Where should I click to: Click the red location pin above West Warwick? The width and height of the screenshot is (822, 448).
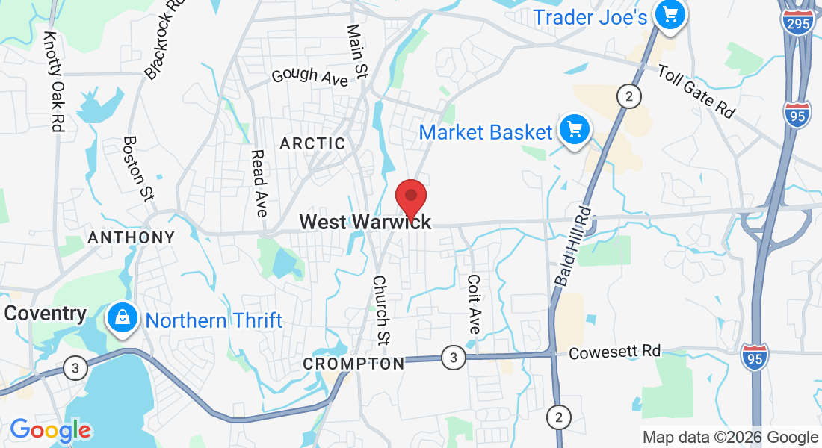(x=410, y=198)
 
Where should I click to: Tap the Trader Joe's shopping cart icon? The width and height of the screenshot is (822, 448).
(x=670, y=16)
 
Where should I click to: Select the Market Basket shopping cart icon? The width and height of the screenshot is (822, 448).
(x=575, y=132)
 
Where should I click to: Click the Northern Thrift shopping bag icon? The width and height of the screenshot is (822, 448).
(x=122, y=319)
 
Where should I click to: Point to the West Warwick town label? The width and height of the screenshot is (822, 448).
(x=365, y=222)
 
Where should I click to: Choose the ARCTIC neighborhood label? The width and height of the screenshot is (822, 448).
(x=312, y=143)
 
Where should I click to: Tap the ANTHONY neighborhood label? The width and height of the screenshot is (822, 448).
(x=132, y=237)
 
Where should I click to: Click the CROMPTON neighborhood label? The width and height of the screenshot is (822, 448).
(x=353, y=364)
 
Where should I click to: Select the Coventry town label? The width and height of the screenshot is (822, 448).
(x=45, y=313)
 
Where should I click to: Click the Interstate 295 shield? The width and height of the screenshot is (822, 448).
(x=798, y=22)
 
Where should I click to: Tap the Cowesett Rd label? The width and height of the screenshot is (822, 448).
(x=615, y=352)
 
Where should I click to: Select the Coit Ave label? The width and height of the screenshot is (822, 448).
(x=474, y=304)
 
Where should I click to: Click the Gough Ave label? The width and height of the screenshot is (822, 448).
(x=310, y=75)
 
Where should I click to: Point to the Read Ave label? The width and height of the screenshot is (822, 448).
(x=259, y=183)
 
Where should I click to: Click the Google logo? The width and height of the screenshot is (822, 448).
(x=50, y=430)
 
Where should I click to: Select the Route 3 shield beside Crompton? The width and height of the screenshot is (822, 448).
(x=451, y=357)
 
